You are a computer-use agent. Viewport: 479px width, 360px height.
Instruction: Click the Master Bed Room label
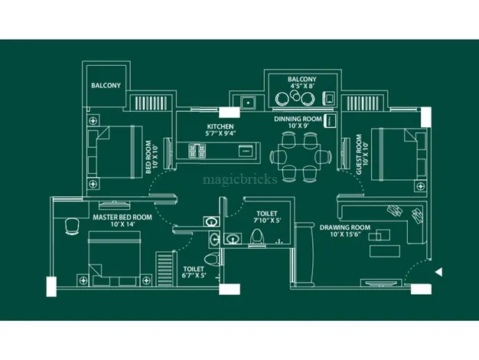pos(122,218)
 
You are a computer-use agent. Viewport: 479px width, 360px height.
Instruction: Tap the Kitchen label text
pos(220,126)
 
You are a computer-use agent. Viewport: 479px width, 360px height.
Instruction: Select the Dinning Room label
pos(298,119)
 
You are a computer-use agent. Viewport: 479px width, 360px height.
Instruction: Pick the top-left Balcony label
pos(106,86)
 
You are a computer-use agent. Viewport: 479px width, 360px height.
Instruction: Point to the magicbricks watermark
pos(239,182)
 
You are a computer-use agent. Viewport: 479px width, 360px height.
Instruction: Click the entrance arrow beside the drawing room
pos(438,270)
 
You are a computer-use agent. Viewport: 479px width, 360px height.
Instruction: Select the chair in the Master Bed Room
pos(71,225)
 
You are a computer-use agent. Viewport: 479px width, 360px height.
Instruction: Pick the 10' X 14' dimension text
pos(122,226)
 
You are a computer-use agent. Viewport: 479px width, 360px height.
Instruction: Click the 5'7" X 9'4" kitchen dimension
pos(220,134)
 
